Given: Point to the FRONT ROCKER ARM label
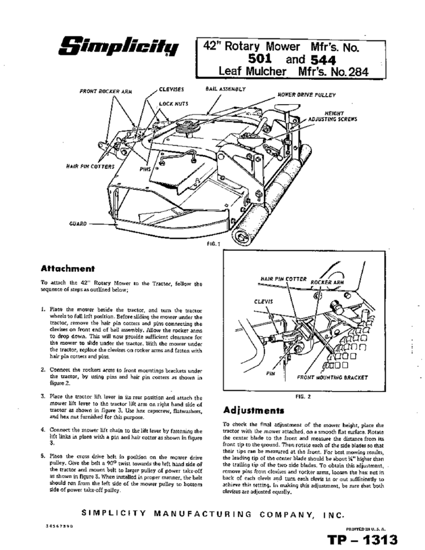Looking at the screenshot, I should click(x=106, y=91).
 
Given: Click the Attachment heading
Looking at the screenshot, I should click(x=67, y=268).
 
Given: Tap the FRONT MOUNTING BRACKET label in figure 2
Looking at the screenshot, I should click(x=332, y=377).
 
